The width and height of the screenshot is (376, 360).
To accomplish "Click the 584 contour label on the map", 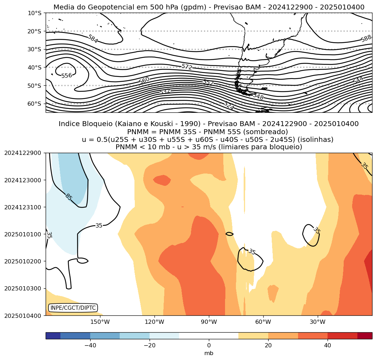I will click(x=93, y=39).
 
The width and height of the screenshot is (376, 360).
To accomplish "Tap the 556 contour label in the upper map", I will click(x=67, y=76).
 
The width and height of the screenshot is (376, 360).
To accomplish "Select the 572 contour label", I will click(x=187, y=67).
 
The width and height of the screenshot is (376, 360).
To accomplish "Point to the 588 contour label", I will click(x=366, y=39).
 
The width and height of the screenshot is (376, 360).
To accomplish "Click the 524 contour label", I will click(x=229, y=105).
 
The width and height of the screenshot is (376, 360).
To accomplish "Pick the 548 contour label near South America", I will click(x=258, y=96).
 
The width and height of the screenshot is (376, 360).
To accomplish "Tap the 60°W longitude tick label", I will click(x=263, y=322).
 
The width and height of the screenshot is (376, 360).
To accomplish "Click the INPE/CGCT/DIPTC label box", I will click(x=73, y=308).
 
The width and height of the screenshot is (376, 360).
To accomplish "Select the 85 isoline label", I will click(x=68, y=197).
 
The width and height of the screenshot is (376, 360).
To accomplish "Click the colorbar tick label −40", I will click(x=90, y=346).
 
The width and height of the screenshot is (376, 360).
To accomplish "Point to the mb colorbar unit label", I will click(x=209, y=353).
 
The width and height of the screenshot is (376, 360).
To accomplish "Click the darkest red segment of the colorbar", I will click(x=365, y=336).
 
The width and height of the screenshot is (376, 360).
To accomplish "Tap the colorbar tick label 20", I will click(x=268, y=346).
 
